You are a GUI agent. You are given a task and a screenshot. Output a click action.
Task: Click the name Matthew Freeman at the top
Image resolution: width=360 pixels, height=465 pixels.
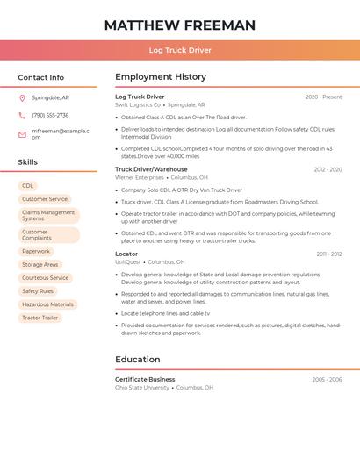[x=180, y=25]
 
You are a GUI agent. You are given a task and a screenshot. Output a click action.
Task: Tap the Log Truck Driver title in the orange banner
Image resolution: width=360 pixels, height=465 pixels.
[x=180, y=50]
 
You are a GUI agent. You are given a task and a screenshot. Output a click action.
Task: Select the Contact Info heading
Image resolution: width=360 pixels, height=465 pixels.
[x=41, y=77]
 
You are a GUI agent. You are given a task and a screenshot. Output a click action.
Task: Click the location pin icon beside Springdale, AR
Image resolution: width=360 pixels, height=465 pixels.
[x=22, y=97]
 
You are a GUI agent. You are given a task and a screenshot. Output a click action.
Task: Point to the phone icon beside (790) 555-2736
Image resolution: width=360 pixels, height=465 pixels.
[x=22, y=115]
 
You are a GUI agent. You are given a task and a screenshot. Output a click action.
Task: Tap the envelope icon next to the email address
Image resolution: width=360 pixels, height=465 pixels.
[x=22, y=134]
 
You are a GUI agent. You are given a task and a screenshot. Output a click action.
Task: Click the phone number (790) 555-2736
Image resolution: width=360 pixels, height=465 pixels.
[x=50, y=115]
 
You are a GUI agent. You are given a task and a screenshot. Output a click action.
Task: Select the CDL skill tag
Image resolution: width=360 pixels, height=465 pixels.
[x=28, y=186]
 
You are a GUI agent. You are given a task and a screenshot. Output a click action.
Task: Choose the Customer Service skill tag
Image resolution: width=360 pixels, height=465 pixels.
[x=45, y=199]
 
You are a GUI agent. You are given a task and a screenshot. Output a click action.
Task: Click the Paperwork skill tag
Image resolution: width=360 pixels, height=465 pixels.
[x=37, y=252]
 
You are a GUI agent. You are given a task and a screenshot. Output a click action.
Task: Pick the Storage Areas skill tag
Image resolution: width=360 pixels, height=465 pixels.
[x=40, y=265]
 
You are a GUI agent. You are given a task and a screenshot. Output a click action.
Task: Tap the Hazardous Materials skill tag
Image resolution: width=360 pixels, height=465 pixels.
[x=47, y=304]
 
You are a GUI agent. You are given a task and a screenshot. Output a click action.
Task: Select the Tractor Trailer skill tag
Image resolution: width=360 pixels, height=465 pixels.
[x=40, y=318]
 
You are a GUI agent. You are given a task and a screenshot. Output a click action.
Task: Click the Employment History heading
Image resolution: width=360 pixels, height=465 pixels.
[x=161, y=77]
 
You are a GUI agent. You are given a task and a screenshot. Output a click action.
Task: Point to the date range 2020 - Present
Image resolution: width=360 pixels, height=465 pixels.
[x=323, y=97]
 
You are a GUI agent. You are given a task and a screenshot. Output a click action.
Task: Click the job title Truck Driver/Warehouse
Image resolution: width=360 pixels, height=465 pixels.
[x=151, y=169]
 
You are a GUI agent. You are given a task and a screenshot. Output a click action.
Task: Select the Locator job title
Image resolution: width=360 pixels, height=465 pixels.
[x=126, y=254]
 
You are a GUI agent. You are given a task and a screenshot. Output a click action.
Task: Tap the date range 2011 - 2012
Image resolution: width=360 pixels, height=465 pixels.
[x=329, y=254]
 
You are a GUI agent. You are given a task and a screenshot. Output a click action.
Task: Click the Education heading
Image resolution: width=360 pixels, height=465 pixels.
[x=138, y=359]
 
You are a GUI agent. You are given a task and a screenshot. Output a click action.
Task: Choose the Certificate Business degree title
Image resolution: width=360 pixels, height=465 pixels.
[x=145, y=379]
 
